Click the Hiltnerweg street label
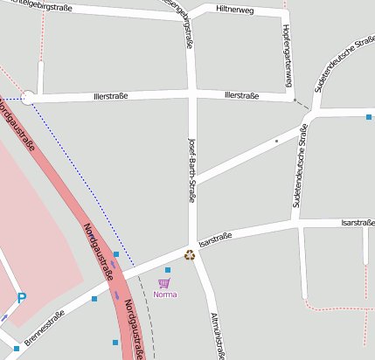233,10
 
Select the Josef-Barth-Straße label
191,170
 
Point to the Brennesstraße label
45,327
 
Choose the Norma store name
164,294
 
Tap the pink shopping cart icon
163,283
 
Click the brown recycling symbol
189,255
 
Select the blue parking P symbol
22,298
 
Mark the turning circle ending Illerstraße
29,98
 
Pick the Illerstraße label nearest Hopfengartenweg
242,94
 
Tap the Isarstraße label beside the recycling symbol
215,238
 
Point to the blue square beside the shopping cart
168,270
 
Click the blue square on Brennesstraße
94,299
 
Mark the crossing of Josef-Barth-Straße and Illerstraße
192,93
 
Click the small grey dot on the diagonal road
276,140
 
